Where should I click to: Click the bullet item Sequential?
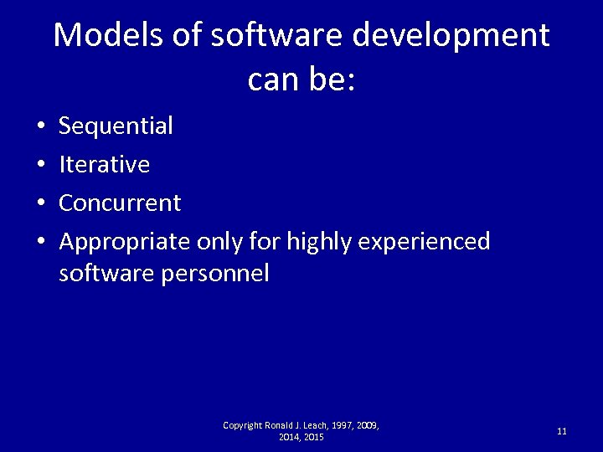[116, 126]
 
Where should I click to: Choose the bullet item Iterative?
[104, 165]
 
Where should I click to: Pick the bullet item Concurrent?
[120, 203]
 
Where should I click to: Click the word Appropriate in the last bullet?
[125, 243]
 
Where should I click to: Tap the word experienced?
[424, 243]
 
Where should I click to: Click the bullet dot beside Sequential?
[40, 127]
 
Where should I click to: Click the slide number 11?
[561, 431]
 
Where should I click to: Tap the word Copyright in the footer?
[243, 425]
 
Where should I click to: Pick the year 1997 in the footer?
[340, 425]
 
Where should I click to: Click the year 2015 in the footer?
[314, 437]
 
